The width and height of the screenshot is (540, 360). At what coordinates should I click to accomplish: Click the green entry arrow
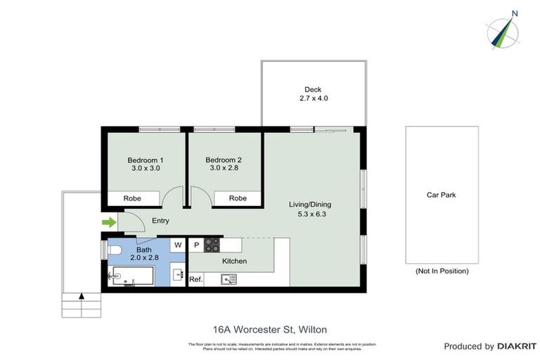[x=108, y=223]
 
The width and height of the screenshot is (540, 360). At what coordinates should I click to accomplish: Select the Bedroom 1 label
[x=146, y=164]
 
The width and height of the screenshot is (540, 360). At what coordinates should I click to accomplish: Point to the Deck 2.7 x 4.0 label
[x=313, y=94]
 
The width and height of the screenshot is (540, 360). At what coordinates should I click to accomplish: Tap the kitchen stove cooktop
[x=212, y=245]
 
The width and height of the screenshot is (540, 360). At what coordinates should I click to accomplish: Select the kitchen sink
[x=229, y=279]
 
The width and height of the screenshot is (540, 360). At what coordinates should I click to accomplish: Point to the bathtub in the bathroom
[x=133, y=277]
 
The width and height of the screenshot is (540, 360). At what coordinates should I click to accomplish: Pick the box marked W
[x=178, y=245]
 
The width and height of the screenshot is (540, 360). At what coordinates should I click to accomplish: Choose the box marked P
[x=196, y=245]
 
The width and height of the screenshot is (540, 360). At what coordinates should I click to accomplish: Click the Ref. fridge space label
[x=196, y=280]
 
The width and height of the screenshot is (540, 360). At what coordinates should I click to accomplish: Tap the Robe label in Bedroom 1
[x=132, y=198]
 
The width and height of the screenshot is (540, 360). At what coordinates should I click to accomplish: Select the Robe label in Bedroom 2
[x=238, y=198]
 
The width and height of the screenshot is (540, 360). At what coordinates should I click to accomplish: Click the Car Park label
[x=442, y=195]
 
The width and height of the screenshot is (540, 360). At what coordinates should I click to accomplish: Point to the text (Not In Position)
[x=442, y=271]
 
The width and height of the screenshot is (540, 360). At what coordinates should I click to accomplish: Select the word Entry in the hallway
[x=160, y=221]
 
